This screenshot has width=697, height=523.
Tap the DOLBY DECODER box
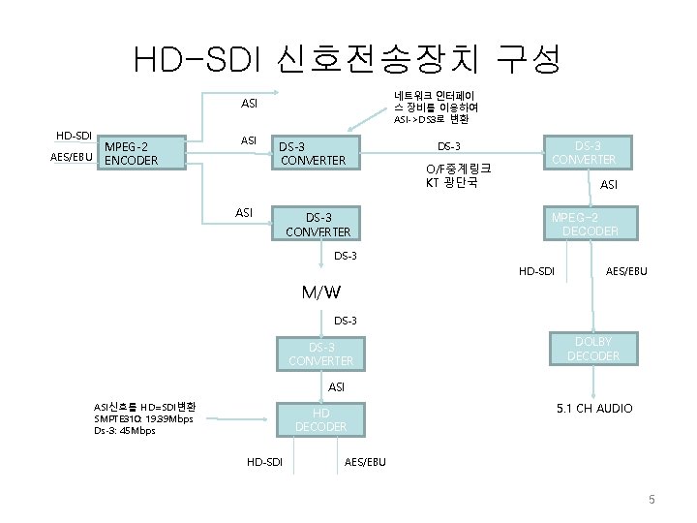point(592,349)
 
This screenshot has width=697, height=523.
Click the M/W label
point(320,292)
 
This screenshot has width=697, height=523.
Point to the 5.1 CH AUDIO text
point(594,408)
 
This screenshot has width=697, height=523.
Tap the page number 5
point(652,500)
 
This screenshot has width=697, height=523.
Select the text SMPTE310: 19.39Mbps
point(142,418)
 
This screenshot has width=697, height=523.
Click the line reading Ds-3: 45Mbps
point(124,430)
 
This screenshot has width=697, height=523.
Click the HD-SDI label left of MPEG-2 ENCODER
point(74,135)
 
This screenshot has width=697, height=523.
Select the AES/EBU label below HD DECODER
point(365,462)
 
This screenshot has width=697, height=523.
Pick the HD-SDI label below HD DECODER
point(263,462)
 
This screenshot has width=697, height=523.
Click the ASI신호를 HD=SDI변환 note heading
point(144,406)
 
